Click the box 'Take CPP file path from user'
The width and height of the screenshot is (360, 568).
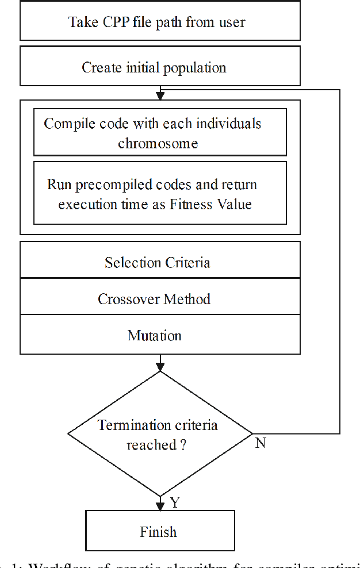point(160,22)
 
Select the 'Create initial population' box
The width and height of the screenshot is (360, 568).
point(160,67)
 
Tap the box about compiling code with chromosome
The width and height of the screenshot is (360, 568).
point(160,132)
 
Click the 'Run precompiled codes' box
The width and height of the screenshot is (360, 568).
point(160,193)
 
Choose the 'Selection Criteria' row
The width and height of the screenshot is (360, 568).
point(160,263)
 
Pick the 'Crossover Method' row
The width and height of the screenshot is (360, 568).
point(160,299)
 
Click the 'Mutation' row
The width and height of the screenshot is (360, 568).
point(160,335)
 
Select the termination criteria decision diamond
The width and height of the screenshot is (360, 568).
point(160,434)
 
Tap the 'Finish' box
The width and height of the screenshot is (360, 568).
point(160,531)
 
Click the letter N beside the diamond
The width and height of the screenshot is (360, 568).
point(260,443)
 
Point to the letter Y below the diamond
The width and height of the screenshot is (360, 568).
point(175,503)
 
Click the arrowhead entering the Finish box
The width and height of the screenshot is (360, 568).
point(160,506)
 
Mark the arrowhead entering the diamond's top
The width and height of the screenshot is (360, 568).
point(160,367)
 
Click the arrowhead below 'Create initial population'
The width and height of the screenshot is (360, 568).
point(160,95)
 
